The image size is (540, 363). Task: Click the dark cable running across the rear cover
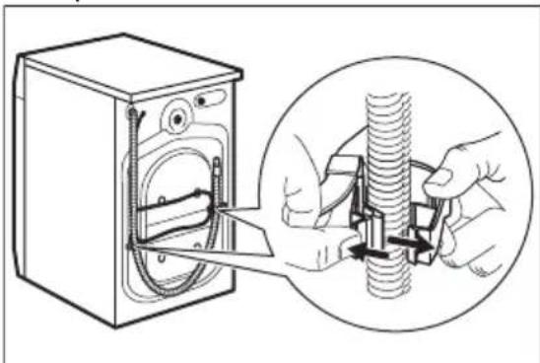tap(177, 209)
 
